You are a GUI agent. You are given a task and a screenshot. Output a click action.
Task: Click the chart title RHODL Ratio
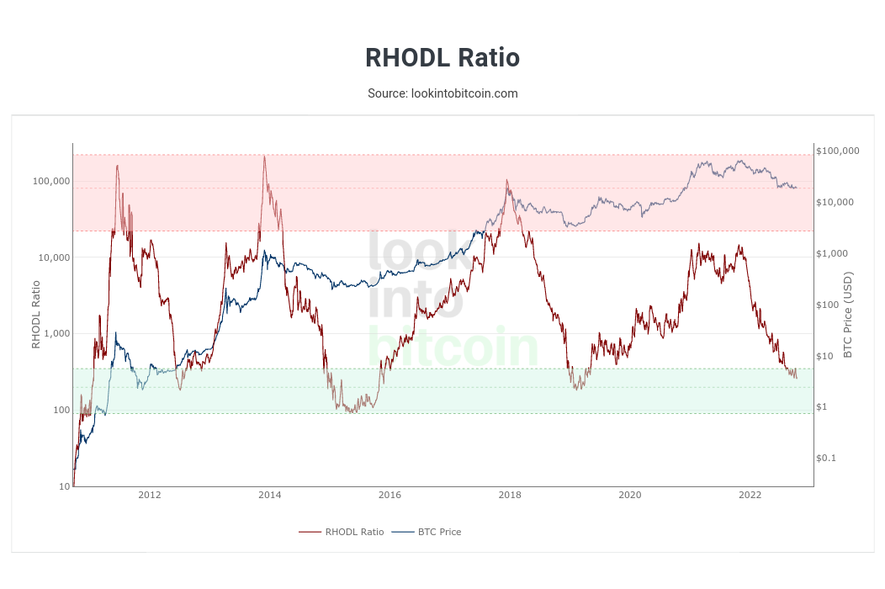(x=442, y=58)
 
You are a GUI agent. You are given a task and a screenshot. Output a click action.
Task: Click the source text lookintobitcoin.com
(x=442, y=93)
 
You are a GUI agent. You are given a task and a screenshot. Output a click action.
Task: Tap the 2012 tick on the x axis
(x=150, y=495)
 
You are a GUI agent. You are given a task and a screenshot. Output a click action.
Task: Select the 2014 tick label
(x=270, y=495)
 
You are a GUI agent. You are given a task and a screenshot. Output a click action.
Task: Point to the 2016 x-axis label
(x=390, y=495)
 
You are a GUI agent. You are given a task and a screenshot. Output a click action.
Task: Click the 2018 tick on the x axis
(x=510, y=495)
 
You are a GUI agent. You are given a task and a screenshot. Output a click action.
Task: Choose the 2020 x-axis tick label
(x=630, y=495)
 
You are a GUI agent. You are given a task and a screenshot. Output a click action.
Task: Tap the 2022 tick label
(x=750, y=495)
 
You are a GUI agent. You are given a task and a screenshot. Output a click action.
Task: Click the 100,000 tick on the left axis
(x=51, y=182)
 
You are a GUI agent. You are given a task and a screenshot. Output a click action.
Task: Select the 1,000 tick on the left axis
(x=56, y=334)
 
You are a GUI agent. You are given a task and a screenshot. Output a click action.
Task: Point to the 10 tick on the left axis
(x=65, y=486)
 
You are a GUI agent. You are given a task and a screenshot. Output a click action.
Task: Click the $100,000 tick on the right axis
(x=838, y=151)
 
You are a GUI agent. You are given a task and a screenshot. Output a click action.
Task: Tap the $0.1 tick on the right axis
(x=826, y=459)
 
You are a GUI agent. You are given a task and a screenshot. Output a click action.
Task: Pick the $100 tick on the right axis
(x=829, y=305)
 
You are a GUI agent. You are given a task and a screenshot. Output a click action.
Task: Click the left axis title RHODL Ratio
(x=36, y=315)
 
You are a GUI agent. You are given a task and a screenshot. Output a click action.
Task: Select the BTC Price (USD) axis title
(x=848, y=315)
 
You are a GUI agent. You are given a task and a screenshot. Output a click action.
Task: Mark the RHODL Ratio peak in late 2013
(x=264, y=157)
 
